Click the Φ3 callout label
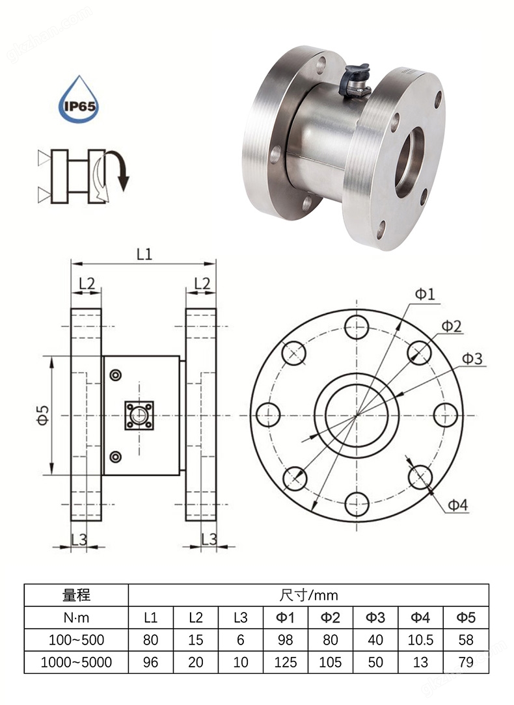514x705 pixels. pyautogui.click(x=472, y=358)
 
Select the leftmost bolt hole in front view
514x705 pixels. pyautogui.click(x=269, y=414)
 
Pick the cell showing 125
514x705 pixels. pyautogui.click(x=286, y=662)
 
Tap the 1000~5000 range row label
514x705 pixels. pyautogui.click(x=76, y=662)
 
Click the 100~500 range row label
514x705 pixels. pyautogui.click(x=76, y=640)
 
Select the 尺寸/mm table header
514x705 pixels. pyautogui.click(x=308, y=595)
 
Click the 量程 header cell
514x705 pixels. pyautogui.click(x=76, y=595)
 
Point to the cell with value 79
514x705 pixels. pyautogui.click(x=466, y=662)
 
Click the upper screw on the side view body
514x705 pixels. pyautogui.click(x=116, y=375)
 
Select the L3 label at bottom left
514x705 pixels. pyautogui.click(x=79, y=539)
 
